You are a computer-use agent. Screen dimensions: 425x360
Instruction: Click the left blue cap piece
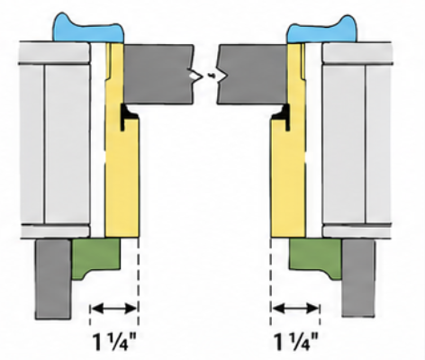click(88, 30)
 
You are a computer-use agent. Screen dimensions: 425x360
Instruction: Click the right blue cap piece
click(322, 30)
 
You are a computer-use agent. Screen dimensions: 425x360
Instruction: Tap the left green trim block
click(95, 256)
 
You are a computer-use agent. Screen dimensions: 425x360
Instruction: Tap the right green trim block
click(315, 256)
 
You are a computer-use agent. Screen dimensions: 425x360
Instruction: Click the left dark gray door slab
click(158, 75)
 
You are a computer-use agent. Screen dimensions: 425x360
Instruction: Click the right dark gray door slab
click(252, 75)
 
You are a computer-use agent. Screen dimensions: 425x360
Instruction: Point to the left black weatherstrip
click(127, 116)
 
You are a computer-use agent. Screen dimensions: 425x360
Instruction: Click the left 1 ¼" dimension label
click(114, 341)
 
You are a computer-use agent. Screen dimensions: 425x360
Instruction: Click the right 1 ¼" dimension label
click(295, 341)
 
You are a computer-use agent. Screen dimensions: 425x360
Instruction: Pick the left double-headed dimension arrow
click(114, 308)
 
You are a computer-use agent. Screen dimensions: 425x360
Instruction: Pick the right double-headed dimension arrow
click(295, 308)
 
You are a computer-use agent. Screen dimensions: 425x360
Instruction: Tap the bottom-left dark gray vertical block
click(53, 279)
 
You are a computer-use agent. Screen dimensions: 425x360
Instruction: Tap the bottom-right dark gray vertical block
click(358, 277)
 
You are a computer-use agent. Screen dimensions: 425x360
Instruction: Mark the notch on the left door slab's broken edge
click(195, 75)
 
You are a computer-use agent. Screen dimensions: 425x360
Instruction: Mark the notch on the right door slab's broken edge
click(222, 75)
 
